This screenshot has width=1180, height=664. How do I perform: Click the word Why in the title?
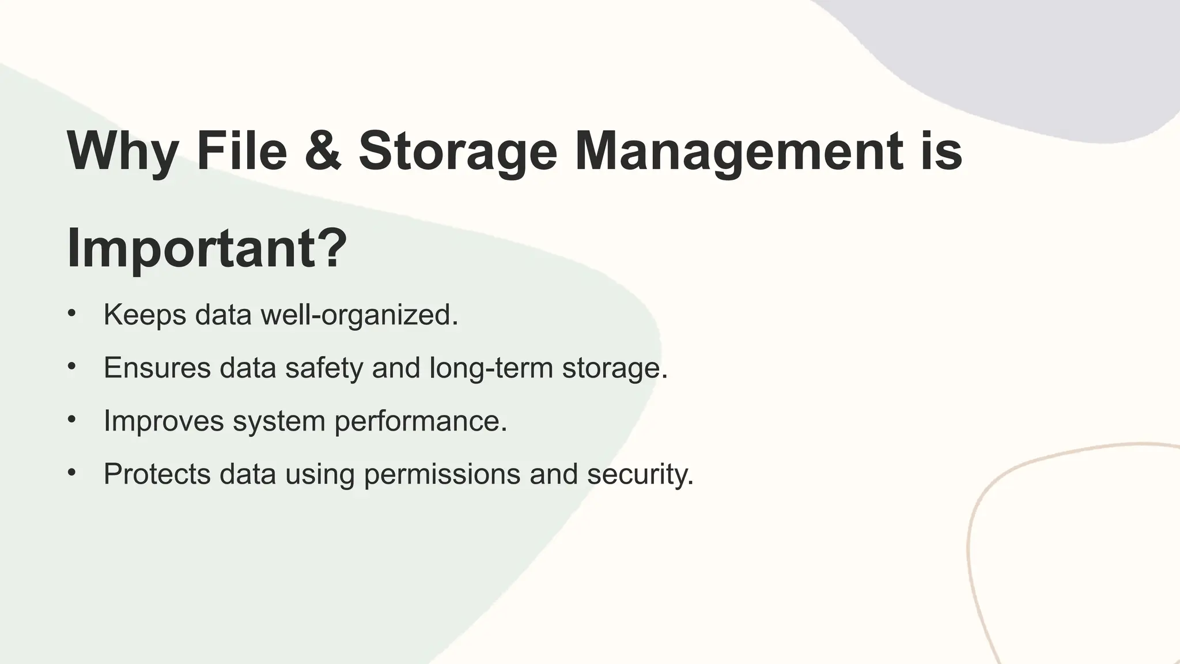click(122, 151)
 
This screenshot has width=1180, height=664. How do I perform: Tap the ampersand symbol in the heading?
click(323, 151)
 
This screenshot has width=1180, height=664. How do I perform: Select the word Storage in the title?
click(458, 151)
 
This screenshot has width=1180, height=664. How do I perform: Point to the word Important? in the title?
click(207, 249)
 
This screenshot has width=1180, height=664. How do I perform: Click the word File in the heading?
click(241, 151)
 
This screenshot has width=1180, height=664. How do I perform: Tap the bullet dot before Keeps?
click(71, 314)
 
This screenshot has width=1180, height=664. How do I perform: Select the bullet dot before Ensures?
click(71, 367)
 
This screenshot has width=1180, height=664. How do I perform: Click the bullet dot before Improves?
click(71, 420)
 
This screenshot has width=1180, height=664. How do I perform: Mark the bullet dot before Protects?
click(71, 473)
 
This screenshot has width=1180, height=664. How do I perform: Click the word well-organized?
click(359, 315)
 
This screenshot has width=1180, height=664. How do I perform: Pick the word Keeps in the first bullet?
click(145, 315)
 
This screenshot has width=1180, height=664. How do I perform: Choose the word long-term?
click(491, 368)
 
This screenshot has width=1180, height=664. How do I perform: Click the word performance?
click(421, 421)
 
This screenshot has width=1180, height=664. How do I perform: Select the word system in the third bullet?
click(279, 421)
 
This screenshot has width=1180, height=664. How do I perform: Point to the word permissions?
click(442, 474)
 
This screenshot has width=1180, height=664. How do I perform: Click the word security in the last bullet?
click(640, 474)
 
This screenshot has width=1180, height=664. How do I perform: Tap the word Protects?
click(157, 474)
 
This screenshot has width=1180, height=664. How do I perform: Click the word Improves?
click(164, 421)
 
